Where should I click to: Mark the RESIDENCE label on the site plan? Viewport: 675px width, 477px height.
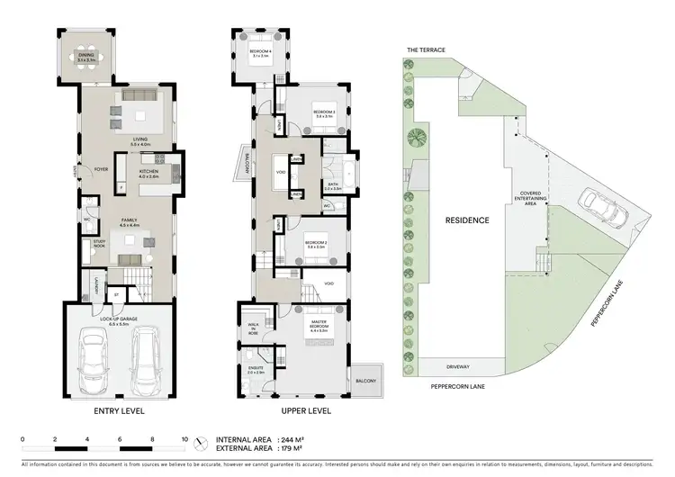click(466, 220)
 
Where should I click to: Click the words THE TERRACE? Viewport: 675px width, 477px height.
click(426, 50)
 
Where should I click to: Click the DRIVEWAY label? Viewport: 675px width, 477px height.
click(460, 367)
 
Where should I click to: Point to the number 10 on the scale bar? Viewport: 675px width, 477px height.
click(184, 439)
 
